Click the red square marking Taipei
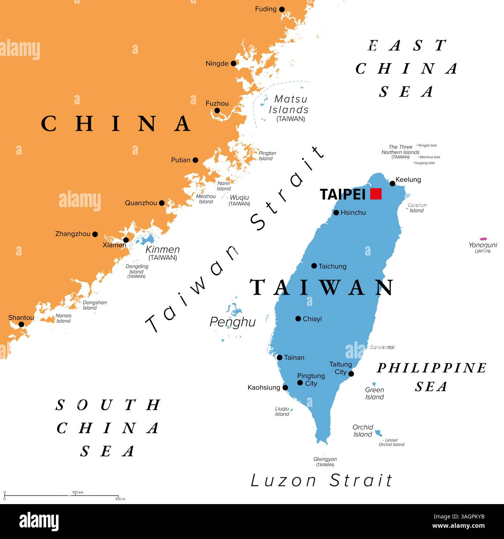click(x=376, y=193)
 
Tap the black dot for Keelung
click(x=392, y=183)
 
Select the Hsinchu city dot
click(x=336, y=212)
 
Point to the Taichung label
click(x=332, y=266)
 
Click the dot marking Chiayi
click(x=298, y=319)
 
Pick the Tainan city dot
click(x=280, y=358)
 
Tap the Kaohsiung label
click(x=264, y=387)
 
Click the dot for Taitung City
click(x=351, y=374)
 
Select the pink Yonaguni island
click(x=483, y=239)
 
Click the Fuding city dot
click(x=282, y=9)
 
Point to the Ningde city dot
click(x=233, y=64)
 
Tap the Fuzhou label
click(x=217, y=104)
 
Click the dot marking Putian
click(x=195, y=160)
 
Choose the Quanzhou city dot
click(x=162, y=203)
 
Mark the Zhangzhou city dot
click(x=95, y=234)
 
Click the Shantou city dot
click(x=21, y=325)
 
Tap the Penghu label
click(x=233, y=322)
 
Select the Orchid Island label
click(x=363, y=431)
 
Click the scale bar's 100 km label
click(x=78, y=492)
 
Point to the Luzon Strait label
click(x=321, y=481)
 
